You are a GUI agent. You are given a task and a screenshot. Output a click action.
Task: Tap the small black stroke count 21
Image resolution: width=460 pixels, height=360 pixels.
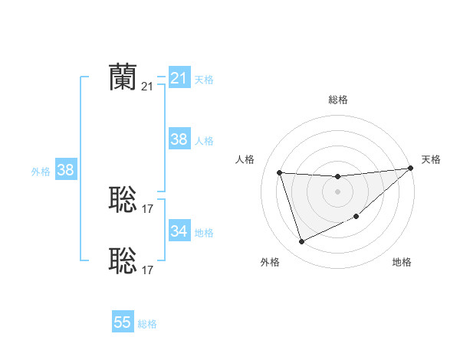coord(147,87)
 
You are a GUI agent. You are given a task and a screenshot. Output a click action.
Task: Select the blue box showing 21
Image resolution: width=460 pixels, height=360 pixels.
coord(179,78)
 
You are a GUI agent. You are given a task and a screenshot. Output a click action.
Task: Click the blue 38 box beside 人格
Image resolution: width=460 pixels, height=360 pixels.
coord(179,139)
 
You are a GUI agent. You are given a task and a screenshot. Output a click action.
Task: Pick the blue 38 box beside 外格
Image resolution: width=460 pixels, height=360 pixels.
coord(65,170)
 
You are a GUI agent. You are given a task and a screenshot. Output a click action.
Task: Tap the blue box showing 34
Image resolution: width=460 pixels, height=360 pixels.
coord(179,231)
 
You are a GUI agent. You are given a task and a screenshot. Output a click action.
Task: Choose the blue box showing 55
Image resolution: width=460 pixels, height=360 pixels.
coord(123,322)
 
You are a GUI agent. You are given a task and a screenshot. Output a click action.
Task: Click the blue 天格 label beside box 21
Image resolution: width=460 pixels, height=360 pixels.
coord(204,79)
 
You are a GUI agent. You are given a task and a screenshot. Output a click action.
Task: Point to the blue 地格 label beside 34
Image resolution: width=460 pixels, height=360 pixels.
coord(204,232)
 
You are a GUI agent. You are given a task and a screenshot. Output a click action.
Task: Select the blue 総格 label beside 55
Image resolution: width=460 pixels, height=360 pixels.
coord(147,323)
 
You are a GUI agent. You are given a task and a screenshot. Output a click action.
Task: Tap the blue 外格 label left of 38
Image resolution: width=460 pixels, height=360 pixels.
coord(41,172)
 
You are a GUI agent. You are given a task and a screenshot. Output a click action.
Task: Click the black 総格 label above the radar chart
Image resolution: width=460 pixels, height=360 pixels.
coord(337,100)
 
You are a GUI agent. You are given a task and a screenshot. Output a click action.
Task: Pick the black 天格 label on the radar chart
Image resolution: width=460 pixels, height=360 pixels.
coord(431,159)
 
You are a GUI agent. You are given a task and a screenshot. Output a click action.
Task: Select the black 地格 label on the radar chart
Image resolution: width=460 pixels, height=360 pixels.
coord(402,263)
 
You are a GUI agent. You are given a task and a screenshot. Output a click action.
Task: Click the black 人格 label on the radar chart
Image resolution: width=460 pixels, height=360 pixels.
coord(245,159)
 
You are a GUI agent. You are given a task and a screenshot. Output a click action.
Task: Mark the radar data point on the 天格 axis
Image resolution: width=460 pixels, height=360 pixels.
coord(409,169)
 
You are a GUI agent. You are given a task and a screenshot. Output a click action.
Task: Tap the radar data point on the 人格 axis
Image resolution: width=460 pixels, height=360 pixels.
coord(280,172)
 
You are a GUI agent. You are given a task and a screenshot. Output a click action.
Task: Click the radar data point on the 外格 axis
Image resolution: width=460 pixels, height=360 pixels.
coord(301,242)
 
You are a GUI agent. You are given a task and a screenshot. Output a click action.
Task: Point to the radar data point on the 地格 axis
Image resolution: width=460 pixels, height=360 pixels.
coord(356,217)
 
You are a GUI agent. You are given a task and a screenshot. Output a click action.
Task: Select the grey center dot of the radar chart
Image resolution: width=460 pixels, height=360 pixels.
coord(337,191)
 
